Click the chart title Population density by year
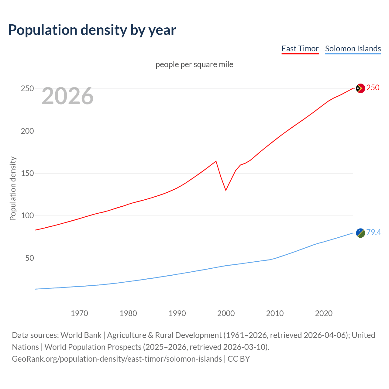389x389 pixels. pyautogui.click(x=92, y=30)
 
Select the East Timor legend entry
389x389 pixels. pyautogui.click(x=300, y=49)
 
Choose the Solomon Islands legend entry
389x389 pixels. pyautogui.click(x=353, y=49)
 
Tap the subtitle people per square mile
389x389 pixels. pyautogui.click(x=194, y=64)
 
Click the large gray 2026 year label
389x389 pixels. pyautogui.click(x=67, y=96)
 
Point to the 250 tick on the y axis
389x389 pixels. pyautogui.click(x=27, y=89)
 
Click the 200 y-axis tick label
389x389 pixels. pyautogui.click(x=27, y=131)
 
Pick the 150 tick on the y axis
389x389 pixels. pyautogui.click(x=27, y=174)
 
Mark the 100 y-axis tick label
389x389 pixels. pyautogui.click(x=27, y=216)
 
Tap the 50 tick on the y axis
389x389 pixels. pyautogui.click(x=29, y=258)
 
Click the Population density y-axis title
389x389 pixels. pyautogui.click(x=13, y=188)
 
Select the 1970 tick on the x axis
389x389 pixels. pyautogui.click(x=79, y=313)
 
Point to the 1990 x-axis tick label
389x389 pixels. pyautogui.click(x=177, y=313)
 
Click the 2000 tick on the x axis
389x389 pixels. pyautogui.click(x=226, y=313)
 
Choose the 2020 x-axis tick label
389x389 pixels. pyautogui.click(x=324, y=313)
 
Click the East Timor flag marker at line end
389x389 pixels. pyautogui.click(x=360, y=88)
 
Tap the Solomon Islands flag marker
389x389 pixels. pyautogui.click(x=360, y=233)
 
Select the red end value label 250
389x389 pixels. pyautogui.click(x=373, y=88)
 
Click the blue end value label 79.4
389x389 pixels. pyautogui.click(x=374, y=232)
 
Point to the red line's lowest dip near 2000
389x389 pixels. pyautogui.click(x=226, y=190)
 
